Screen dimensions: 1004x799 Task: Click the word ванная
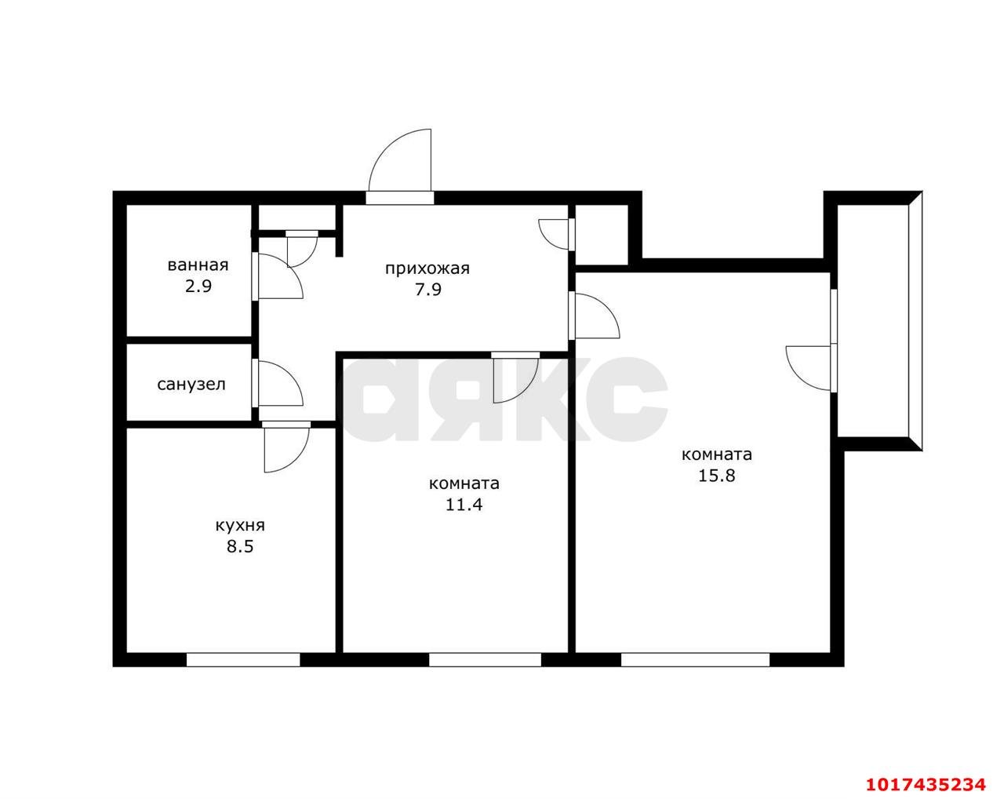pyautogui.click(x=198, y=266)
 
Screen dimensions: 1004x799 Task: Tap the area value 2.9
pyautogui.click(x=198, y=286)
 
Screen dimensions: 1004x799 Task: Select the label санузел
pyautogui.click(x=191, y=385)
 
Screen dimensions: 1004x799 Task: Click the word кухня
pyautogui.click(x=240, y=526)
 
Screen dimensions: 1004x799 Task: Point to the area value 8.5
pyautogui.click(x=240, y=546)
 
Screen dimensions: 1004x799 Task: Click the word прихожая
pyautogui.click(x=427, y=269)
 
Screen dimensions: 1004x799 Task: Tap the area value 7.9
pyautogui.click(x=427, y=290)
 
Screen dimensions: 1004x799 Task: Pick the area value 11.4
pyautogui.click(x=464, y=505)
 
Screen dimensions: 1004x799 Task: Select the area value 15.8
pyautogui.click(x=717, y=476)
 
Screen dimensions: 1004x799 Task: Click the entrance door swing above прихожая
pyautogui.click(x=400, y=160)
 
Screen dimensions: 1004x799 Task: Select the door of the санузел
pyautogui.click(x=278, y=383)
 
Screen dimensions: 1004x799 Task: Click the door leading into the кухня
pyautogui.click(x=286, y=447)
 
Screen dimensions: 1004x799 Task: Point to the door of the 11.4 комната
pyautogui.click(x=516, y=378)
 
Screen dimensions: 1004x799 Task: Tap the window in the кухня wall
pyautogui.click(x=243, y=660)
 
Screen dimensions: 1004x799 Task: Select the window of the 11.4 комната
pyautogui.click(x=485, y=660)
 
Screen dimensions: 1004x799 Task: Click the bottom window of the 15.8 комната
pyautogui.click(x=695, y=660)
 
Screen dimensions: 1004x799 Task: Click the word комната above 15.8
pyautogui.click(x=717, y=455)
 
